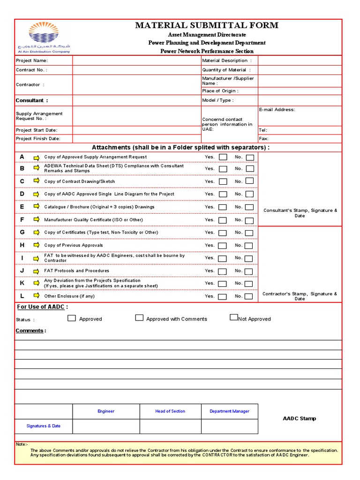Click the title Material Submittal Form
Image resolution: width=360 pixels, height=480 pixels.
click(x=207, y=25)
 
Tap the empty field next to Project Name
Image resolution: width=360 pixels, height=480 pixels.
click(x=136, y=60)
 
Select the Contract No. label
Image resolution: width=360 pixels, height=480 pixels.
click(x=31, y=70)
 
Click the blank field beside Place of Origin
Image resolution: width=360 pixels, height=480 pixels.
click(x=300, y=91)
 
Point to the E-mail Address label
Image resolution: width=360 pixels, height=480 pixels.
click(x=277, y=110)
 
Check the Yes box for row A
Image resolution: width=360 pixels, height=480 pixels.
click(x=223, y=157)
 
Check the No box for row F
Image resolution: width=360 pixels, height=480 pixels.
click(x=250, y=220)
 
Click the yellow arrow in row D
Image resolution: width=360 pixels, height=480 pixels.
click(x=36, y=194)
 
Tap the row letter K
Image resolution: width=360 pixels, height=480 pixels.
click(x=22, y=283)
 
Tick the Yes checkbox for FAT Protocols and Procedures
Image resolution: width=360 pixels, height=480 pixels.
click(x=223, y=271)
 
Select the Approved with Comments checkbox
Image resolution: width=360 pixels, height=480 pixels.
click(x=139, y=318)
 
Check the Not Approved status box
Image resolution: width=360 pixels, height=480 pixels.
click(x=233, y=317)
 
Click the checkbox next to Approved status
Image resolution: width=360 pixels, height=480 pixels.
click(x=72, y=318)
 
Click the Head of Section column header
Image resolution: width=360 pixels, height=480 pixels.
click(x=170, y=411)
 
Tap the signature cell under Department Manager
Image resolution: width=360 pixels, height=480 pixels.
click(x=229, y=426)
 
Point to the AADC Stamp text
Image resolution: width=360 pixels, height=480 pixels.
click(x=299, y=419)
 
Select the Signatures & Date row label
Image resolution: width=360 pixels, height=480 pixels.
click(x=44, y=426)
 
